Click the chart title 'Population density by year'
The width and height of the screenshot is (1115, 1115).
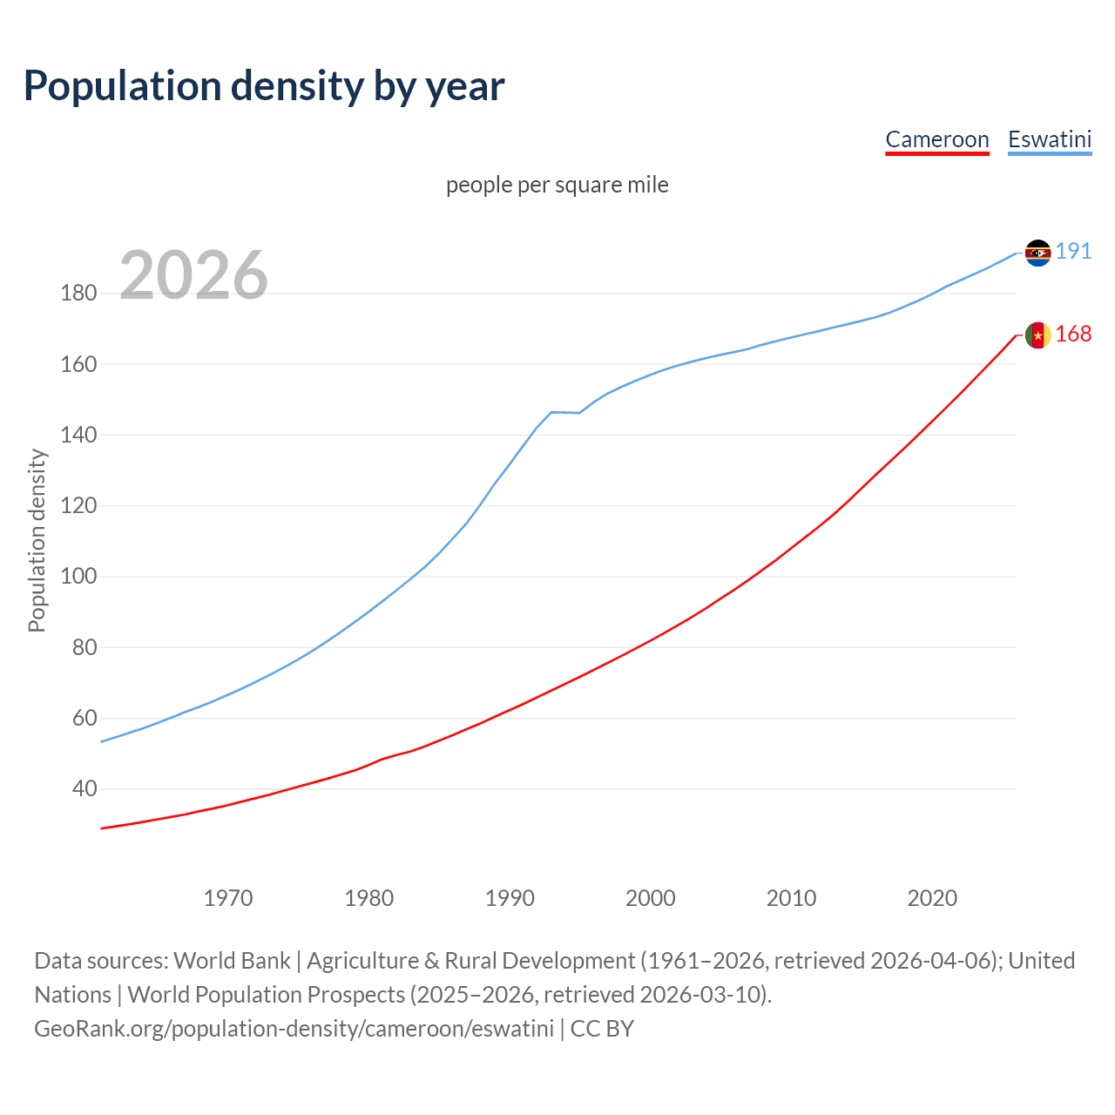pyautogui.click(x=264, y=86)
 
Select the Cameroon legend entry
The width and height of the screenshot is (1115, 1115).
pyautogui.click(x=936, y=139)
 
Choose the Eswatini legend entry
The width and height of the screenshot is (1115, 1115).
pyautogui.click(x=1049, y=139)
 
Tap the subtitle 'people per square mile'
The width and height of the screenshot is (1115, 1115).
pyautogui.click(x=557, y=185)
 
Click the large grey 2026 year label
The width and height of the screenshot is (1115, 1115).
pyautogui.click(x=193, y=275)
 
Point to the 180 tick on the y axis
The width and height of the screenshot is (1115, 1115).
pyautogui.click(x=78, y=293)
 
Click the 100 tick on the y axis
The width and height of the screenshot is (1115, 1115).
pyautogui.click(x=78, y=577)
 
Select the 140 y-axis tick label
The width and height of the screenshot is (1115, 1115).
pyautogui.click(x=78, y=435)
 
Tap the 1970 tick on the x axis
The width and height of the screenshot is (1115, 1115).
pyautogui.click(x=228, y=898)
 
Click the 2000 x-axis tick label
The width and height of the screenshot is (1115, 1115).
pyautogui.click(x=650, y=898)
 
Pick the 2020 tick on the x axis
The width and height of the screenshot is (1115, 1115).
pyautogui.click(x=932, y=898)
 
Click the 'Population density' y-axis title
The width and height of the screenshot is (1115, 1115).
pyautogui.click(x=37, y=540)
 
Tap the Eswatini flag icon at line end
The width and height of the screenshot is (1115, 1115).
pyautogui.click(x=1037, y=253)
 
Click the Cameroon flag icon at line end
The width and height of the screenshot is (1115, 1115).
pyautogui.click(x=1037, y=335)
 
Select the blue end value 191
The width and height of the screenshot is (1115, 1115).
pyautogui.click(x=1073, y=252)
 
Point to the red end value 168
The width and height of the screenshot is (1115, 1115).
pyautogui.click(x=1073, y=334)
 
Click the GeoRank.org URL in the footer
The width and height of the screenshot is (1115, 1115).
pyautogui.click(x=294, y=1029)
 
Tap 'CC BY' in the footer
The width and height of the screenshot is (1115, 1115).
pyautogui.click(x=602, y=1029)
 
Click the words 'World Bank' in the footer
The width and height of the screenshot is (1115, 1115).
pyautogui.click(x=232, y=961)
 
